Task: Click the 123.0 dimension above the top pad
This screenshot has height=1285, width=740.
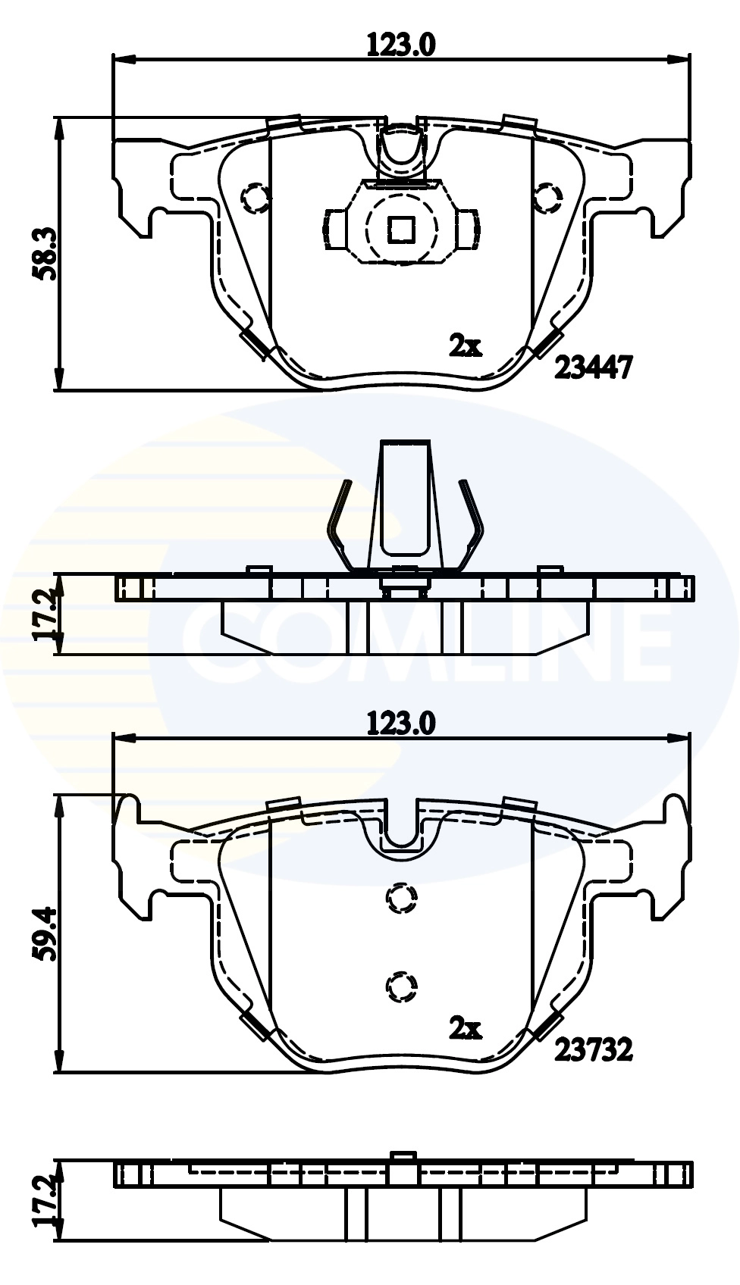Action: [x=401, y=45]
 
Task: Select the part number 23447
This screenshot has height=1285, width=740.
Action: [x=593, y=368]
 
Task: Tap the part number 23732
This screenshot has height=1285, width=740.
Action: [x=593, y=1050]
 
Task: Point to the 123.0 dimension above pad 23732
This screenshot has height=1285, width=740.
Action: [x=401, y=724]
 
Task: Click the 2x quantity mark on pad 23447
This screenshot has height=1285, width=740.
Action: [x=465, y=346]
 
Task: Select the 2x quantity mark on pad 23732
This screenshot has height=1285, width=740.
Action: [x=465, y=1028]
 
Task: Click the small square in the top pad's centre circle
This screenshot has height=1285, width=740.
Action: [x=400, y=229]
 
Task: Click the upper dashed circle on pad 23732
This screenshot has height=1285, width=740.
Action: [x=401, y=899]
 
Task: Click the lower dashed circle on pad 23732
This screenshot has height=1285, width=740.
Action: [x=401, y=986]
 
